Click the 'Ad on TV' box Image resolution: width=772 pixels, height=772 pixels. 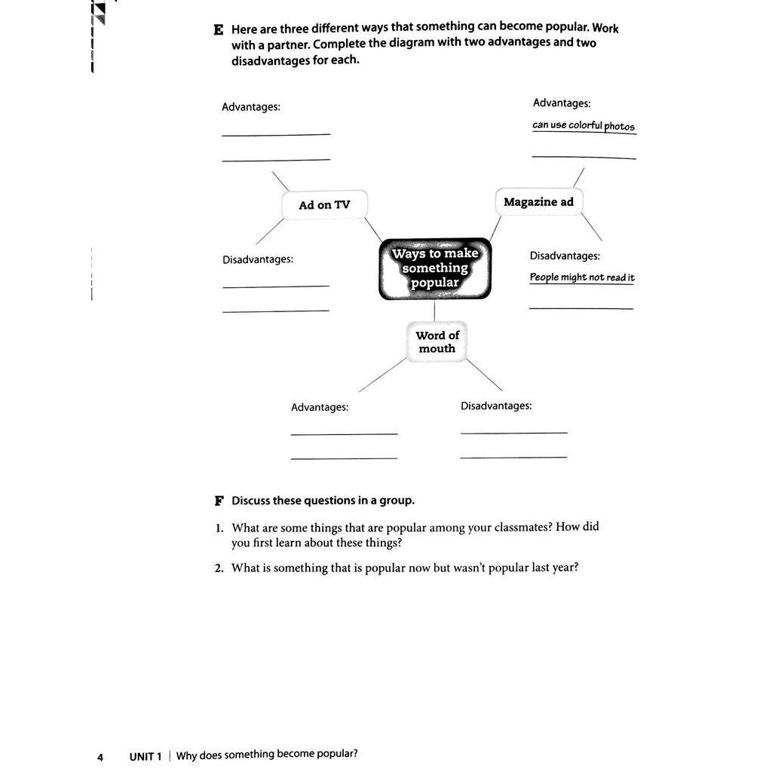tap(325, 205)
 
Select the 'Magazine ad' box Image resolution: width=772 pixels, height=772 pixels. tap(538, 202)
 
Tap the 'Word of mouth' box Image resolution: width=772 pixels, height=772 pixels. tap(437, 342)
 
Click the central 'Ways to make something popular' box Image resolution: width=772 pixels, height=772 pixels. tap(435, 268)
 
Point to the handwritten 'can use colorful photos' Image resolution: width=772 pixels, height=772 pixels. tap(584, 125)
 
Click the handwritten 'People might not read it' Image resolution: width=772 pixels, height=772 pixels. tap(582, 277)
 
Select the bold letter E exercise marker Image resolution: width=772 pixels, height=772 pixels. tap(219, 30)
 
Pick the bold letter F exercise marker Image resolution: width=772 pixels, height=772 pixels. tap(219, 501)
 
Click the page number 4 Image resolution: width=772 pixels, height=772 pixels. tap(100, 757)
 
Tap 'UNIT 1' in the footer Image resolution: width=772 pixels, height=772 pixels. tap(146, 756)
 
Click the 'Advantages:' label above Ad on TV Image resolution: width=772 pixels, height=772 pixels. tap(251, 107)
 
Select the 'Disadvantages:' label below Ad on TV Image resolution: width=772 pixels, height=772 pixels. tap(258, 259)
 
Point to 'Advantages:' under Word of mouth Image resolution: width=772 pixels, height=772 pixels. tap(320, 407)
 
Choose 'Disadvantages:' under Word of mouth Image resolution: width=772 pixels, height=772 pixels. tap(496, 406)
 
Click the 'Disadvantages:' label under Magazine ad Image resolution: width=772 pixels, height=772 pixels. tap(565, 256)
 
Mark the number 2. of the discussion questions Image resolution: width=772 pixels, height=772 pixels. tap(219, 568)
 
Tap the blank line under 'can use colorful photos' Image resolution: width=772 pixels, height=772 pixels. tap(584, 157)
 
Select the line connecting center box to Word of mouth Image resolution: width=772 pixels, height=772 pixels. tap(434, 311)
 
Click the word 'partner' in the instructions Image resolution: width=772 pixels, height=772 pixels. tap(286, 44)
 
